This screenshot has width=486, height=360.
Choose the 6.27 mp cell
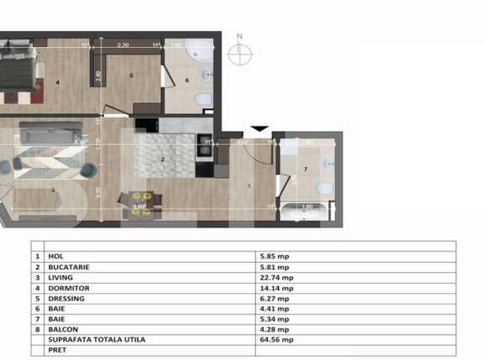coord(275,297)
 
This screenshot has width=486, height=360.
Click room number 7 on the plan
coord(306,170)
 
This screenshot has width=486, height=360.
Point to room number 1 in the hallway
coord(250,186)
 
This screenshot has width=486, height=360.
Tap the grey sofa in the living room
coord(50,132)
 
